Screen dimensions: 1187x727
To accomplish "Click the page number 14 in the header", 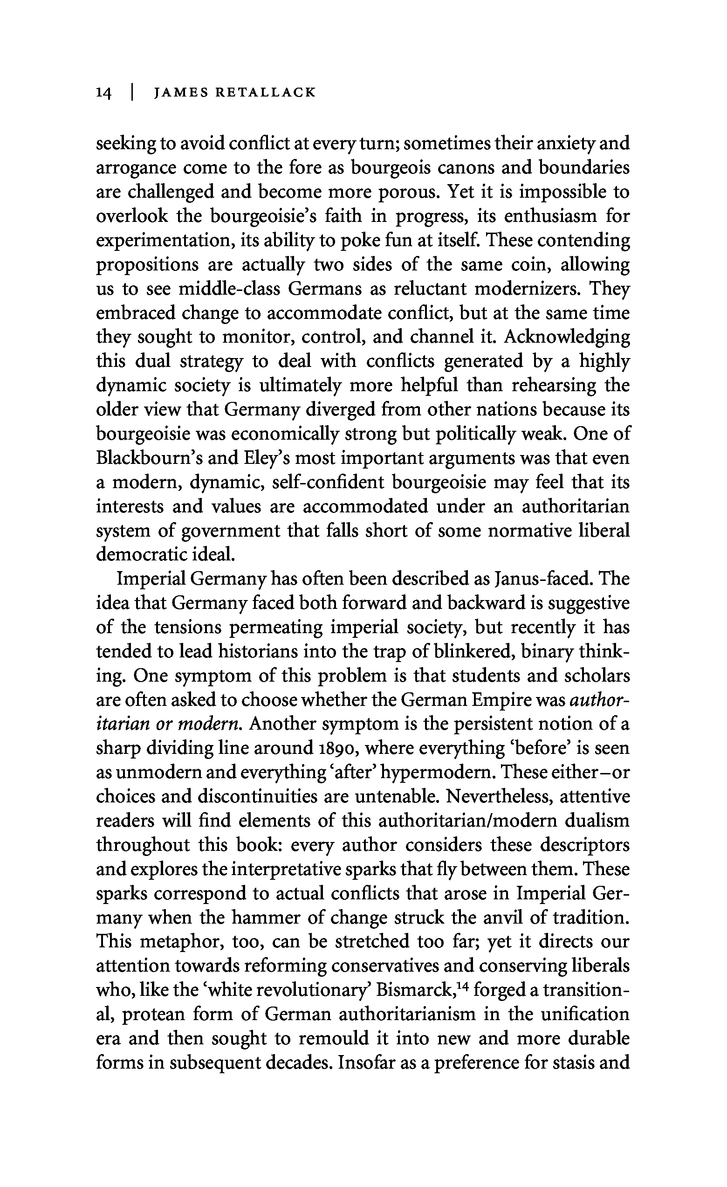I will point(104,93).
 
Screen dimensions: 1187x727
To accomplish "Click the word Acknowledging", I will point(567,337).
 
